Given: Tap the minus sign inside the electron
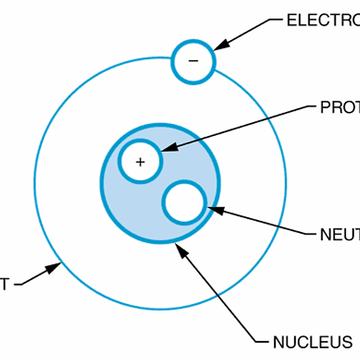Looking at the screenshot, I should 193,60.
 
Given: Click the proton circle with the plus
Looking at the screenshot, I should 140,161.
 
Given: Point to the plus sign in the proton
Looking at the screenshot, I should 140,162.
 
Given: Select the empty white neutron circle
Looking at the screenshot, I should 184,202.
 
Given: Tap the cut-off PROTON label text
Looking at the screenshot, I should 340,107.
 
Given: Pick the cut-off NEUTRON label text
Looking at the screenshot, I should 340,235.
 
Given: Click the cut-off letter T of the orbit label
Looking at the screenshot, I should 4,284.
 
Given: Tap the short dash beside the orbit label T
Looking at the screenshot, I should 19,285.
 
